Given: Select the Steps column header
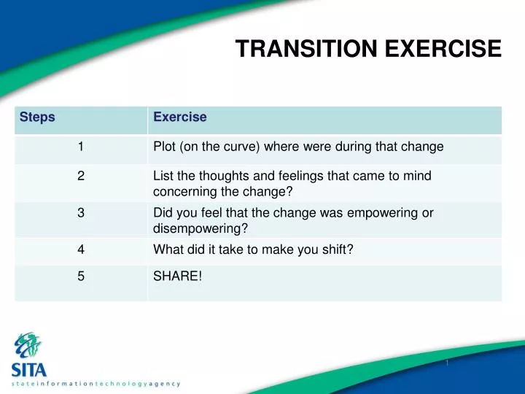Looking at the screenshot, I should pos(37,117).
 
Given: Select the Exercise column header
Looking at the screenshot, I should pos(180,117).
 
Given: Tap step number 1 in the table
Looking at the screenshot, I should pos(81,147).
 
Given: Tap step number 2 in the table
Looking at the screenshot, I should pos(81,176).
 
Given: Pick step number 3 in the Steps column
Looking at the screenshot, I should pos(81,213).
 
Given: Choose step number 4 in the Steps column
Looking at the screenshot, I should pos(81,249).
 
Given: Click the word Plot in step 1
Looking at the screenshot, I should pos(164,147).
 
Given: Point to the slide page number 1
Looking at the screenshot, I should pos(446,363).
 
